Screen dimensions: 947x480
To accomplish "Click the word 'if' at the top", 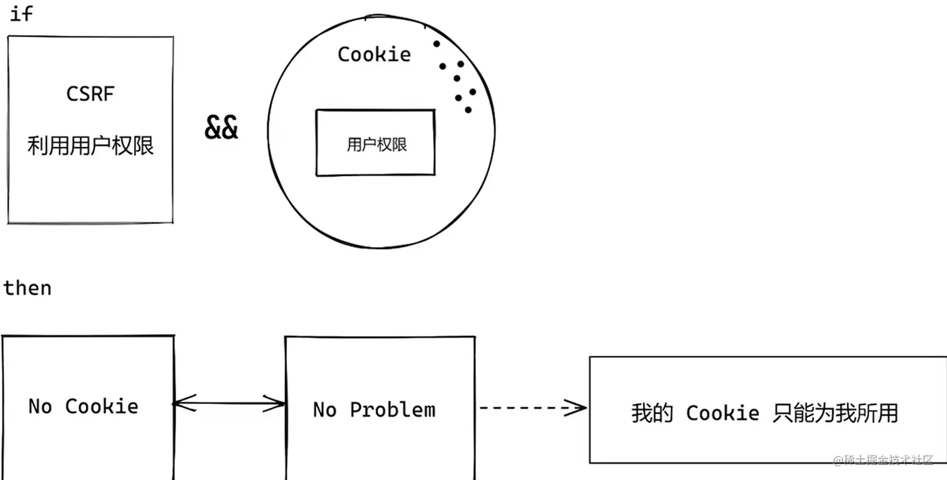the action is [21, 14].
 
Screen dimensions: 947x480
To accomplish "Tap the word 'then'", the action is [28, 288].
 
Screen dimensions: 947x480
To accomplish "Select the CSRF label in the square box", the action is [90, 94].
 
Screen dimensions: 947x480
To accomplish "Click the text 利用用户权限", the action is [90, 146].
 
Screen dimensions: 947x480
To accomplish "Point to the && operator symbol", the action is [221, 127].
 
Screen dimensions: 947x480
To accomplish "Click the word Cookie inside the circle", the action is [374, 54].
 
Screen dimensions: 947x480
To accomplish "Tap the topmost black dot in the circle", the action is [437, 44].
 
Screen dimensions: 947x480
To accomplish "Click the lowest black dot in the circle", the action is [468, 110].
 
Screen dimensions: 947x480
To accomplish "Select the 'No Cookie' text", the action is [83, 407].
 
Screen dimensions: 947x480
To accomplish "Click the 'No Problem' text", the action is [374, 410].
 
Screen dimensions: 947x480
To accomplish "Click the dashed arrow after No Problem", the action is [532, 408].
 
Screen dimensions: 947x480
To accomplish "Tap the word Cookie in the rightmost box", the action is [723, 413].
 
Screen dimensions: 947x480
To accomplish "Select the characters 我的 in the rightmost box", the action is [652, 413].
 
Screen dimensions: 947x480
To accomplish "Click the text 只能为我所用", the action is [836, 413].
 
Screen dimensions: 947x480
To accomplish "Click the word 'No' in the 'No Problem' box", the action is [324, 410].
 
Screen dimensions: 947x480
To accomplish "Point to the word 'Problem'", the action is [393, 410].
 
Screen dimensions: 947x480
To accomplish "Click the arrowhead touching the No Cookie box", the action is [184, 403].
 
